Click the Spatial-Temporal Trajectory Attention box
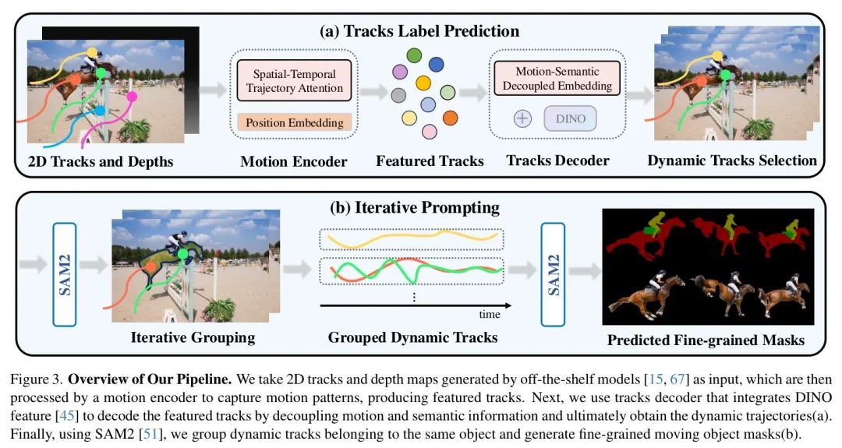[294, 80]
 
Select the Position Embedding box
[294, 122]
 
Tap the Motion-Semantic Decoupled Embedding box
[557, 79]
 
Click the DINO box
[570, 118]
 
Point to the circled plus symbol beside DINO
[522, 118]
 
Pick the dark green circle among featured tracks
[414, 55]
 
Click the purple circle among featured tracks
[399, 72]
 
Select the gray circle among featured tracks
[398, 96]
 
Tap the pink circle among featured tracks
[429, 132]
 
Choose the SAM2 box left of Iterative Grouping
[65, 274]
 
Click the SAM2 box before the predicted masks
[553, 274]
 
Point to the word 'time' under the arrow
[489, 315]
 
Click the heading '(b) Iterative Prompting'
[414, 207]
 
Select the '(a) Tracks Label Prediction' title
[420, 31]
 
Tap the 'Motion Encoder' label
[294, 161]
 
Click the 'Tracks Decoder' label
[557, 161]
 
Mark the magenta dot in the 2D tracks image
[132, 97]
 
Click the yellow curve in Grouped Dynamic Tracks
[412, 238]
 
